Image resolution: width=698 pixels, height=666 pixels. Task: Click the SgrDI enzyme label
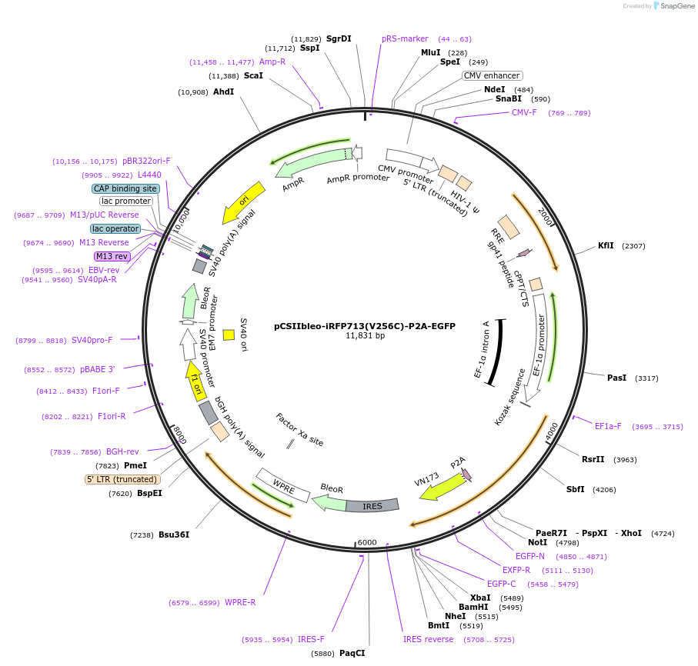coord(339,38)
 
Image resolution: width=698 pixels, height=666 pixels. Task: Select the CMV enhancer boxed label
coord(492,75)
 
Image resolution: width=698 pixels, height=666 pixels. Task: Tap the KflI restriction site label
coord(606,246)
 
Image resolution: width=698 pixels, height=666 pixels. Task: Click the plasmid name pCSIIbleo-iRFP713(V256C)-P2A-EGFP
coord(365,325)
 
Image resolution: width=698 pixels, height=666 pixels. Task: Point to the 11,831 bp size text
coord(365,335)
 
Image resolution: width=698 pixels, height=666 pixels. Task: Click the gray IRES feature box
coord(372,506)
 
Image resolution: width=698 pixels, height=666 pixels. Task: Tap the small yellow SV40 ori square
coord(229,335)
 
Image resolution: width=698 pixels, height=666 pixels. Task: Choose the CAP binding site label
coord(125,188)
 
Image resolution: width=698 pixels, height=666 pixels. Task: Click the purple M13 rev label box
coord(112,256)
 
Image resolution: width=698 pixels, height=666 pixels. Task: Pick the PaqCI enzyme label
coord(352,653)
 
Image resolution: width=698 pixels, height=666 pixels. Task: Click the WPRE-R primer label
coord(240,602)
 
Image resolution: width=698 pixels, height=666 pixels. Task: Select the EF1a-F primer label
coord(608,426)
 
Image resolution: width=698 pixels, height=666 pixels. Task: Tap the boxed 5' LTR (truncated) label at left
coord(122,479)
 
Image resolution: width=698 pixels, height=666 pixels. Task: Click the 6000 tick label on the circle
coord(367,542)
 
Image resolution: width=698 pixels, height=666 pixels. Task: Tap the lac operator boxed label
coord(115,228)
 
